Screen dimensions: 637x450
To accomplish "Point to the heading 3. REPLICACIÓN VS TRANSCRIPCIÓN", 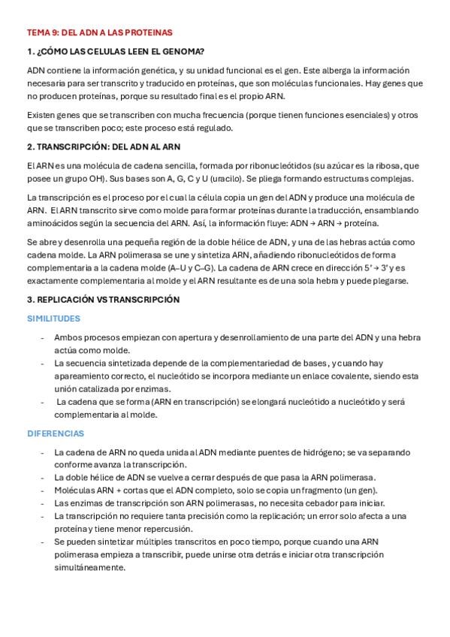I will tap(103, 299).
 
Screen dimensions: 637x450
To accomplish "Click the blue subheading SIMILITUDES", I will tap(53, 318).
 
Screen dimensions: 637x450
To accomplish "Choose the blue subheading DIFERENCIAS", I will tap(56, 433).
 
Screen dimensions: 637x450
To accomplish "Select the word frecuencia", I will tap(192, 115).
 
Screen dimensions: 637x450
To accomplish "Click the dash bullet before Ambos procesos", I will tap(42, 338).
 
